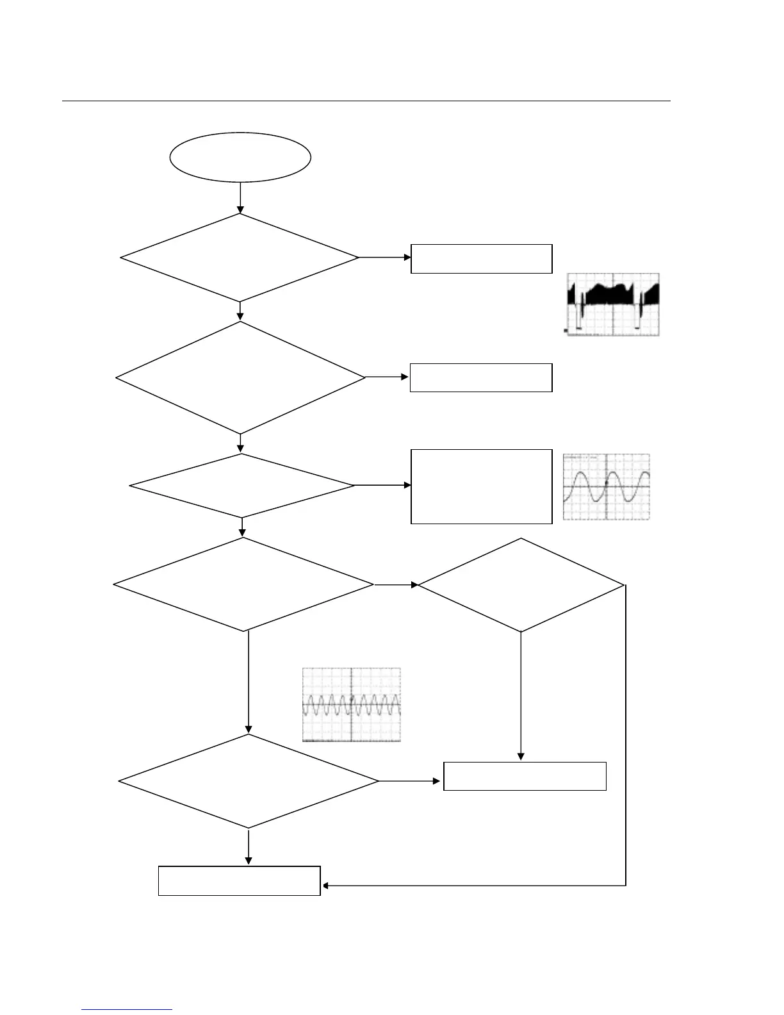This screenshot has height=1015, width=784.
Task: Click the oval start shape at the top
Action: click(x=240, y=157)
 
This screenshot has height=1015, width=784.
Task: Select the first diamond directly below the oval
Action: click(x=240, y=257)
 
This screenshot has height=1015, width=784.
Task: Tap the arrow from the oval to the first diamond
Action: click(x=240, y=197)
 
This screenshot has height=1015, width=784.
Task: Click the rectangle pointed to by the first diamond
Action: click(x=481, y=258)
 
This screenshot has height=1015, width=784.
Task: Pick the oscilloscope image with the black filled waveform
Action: click(x=613, y=304)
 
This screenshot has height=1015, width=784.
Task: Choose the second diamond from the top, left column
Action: click(x=240, y=377)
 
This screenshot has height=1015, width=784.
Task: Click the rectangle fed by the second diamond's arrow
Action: click(x=481, y=377)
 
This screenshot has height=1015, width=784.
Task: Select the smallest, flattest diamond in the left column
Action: click(x=241, y=486)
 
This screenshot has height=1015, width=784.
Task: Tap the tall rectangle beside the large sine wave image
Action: click(x=481, y=486)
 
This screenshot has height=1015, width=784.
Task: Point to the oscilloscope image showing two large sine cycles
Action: click(x=606, y=487)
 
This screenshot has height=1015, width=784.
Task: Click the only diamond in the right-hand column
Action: click(x=521, y=585)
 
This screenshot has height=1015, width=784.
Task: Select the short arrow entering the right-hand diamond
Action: click(x=396, y=585)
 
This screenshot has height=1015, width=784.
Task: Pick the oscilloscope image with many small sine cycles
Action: click(x=352, y=705)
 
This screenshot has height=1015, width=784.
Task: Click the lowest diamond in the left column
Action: click(x=249, y=781)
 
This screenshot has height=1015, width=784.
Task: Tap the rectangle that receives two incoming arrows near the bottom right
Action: click(x=525, y=776)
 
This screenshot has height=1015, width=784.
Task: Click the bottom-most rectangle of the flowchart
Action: click(x=239, y=880)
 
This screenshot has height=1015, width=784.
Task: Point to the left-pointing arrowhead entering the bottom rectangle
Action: click(x=325, y=886)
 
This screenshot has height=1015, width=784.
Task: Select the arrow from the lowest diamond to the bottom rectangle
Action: click(x=249, y=847)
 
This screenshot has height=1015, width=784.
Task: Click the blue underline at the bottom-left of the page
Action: click(x=127, y=1010)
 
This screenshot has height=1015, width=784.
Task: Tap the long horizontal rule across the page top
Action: click(x=365, y=101)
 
